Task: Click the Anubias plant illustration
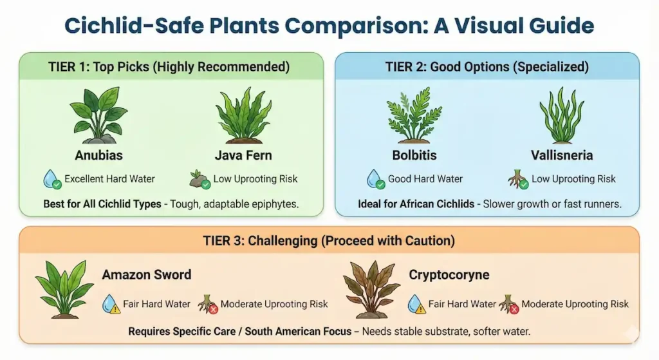[x=98, y=115]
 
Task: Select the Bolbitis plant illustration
[x=414, y=116]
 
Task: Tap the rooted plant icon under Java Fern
[x=200, y=179]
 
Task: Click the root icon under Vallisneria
[x=518, y=179]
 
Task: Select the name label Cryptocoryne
[x=449, y=275]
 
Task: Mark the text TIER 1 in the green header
[x=68, y=67]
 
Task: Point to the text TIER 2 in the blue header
[x=405, y=67]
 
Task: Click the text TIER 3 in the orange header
[x=227, y=241]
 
